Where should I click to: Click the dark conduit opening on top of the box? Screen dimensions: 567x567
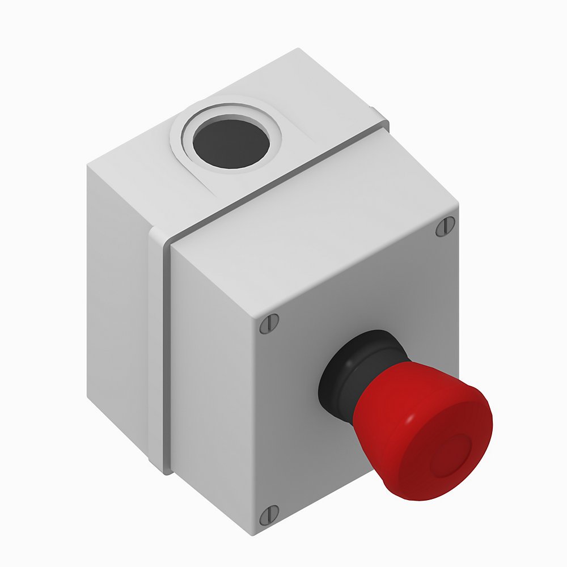(x=230, y=142)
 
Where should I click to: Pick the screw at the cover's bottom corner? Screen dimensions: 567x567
(x=268, y=515)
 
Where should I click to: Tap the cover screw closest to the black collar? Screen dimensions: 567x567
(x=269, y=324)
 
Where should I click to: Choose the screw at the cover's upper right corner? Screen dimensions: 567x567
(x=445, y=227)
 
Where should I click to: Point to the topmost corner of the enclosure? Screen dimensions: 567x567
(x=298, y=50)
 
